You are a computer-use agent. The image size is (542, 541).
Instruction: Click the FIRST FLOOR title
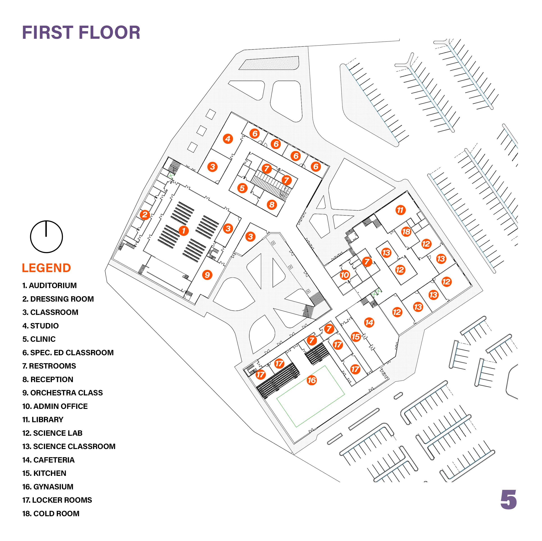coord(81,32)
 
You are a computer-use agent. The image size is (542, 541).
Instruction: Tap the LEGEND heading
coord(46,268)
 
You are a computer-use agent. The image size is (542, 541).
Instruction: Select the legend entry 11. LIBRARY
coord(43,420)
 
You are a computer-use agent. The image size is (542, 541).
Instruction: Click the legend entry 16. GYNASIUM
coord(48,487)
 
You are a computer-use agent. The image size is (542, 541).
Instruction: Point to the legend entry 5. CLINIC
coord(39,339)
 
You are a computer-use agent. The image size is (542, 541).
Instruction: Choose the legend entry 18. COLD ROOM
coord(51,513)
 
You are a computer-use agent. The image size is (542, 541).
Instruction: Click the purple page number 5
coord(508,500)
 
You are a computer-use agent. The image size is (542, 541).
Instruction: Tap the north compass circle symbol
coord(46,236)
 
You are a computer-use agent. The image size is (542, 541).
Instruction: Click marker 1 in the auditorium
coord(184,231)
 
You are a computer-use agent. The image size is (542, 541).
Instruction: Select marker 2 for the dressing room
coord(145,215)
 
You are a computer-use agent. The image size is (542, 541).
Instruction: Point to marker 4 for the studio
coord(228,139)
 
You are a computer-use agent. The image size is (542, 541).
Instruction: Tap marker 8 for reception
coord(272,204)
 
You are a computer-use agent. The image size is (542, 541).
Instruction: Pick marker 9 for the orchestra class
coord(207,275)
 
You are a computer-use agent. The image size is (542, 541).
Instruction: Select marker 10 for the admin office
coord(345,275)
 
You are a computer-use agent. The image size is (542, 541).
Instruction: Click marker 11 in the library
coord(400,210)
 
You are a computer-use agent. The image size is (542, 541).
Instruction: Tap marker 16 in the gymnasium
coord(312,380)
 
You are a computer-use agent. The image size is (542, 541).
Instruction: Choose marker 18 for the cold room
coord(406,232)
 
